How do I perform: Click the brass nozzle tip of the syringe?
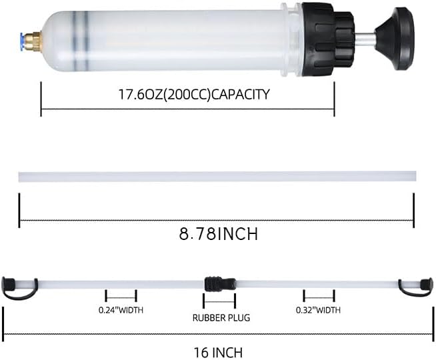click(x=33, y=39)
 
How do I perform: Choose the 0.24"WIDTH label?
click(x=121, y=310)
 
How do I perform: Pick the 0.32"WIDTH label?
click(x=318, y=310)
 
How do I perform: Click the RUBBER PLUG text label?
click(x=221, y=318)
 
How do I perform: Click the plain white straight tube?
click(x=217, y=177)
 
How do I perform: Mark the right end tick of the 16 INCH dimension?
click(x=432, y=320)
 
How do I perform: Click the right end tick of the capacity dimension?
click(x=334, y=99)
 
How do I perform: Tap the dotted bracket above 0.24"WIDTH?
click(x=121, y=298)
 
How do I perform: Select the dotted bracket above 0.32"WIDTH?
click(x=319, y=298)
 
